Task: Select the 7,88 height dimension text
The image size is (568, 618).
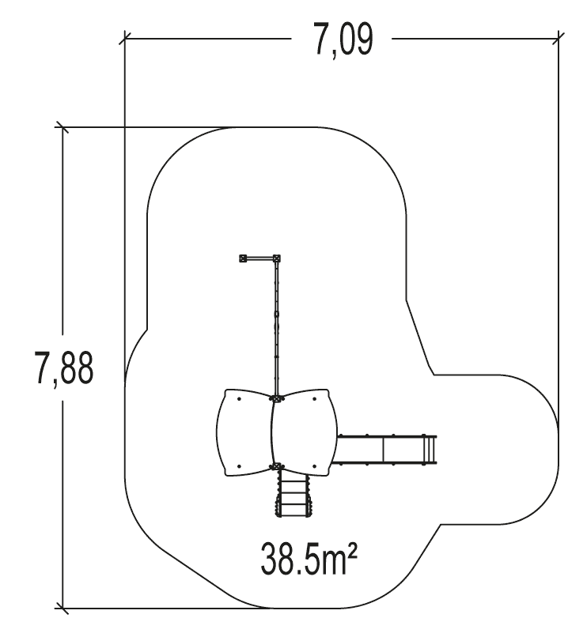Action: tap(64, 367)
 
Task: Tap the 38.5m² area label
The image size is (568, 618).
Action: tap(309, 558)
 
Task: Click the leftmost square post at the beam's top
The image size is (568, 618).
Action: tap(244, 258)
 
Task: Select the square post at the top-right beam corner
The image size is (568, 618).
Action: tap(277, 258)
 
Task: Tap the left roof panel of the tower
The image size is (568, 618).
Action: tap(244, 432)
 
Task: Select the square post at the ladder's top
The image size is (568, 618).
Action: tap(277, 466)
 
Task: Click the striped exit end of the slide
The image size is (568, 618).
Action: tap(430, 449)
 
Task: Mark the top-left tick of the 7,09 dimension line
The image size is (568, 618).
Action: tap(125, 38)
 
